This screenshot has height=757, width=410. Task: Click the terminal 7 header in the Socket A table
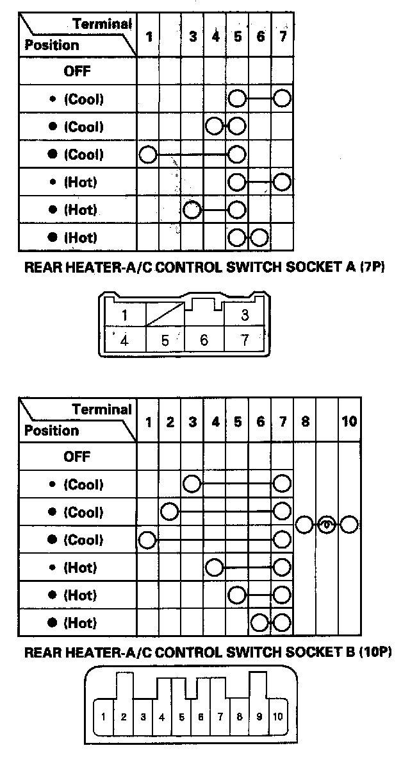pyautogui.click(x=283, y=37)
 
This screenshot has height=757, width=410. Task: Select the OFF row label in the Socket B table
pyautogui.click(x=77, y=457)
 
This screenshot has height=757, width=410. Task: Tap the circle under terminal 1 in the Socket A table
pyautogui.click(x=148, y=155)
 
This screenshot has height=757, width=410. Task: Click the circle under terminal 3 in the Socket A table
pyautogui.click(x=192, y=210)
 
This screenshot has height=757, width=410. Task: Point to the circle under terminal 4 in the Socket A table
pyautogui.click(x=215, y=126)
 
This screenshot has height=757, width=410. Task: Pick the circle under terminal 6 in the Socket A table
pyautogui.click(x=259, y=237)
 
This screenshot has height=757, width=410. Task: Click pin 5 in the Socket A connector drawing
pyautogui.click(x=165, y=340)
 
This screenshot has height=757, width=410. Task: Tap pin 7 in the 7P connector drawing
pyautogui.click(x=244, y=340)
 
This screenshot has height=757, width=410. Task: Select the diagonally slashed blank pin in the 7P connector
pyautogui.click(x=165, y=315)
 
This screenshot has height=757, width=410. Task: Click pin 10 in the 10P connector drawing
pyautogui.click(x=278, y=716)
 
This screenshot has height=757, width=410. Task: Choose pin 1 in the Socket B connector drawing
pyautogui.click(x=104, y=716)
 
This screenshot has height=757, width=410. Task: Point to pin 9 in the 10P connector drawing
pyautogui.click(x=259, y=716)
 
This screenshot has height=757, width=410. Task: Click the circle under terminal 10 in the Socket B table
pyautogui.click(x=348, y=525)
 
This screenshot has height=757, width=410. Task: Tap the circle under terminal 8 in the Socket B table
pyautogui.click(x=304, y=525)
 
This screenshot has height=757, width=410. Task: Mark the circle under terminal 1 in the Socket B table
pyautogui.click(x=147, y=540)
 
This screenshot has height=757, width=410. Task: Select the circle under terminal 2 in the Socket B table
pyautogui.click(x=169, y=512)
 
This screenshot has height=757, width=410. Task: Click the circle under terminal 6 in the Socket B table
pyautogui.click(x=259, y=622)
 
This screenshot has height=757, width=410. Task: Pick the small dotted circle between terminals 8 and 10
pyautogui.click(x=326, y=525)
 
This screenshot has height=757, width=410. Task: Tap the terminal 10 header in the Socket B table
pyautogui.click(x=349, y=421)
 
